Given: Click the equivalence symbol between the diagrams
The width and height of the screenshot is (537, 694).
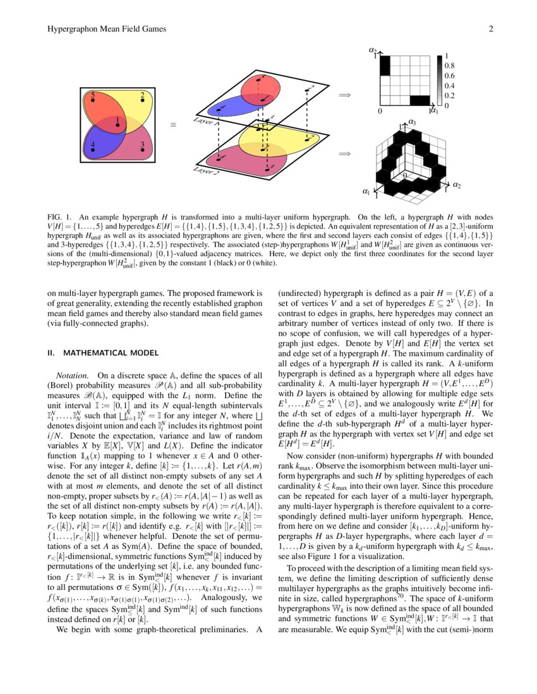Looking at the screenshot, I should click(x=172, y=125).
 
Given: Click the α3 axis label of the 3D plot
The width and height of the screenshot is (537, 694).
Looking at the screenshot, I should click(x=412, y=122).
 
